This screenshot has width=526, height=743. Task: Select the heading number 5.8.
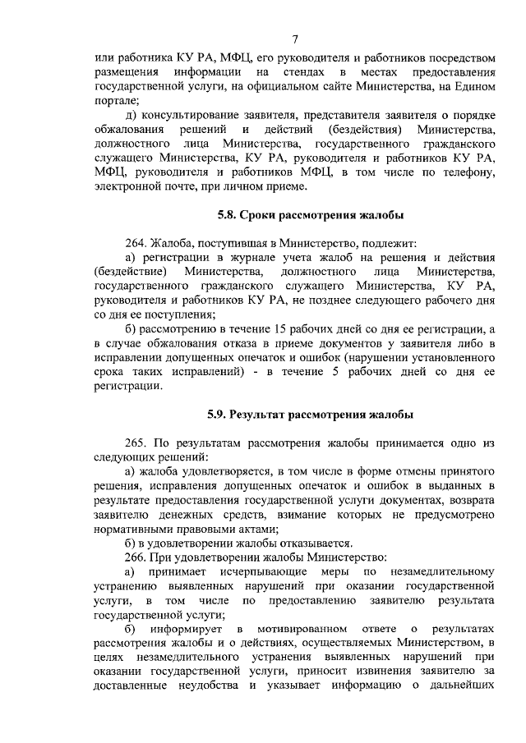click(x=227, y=215)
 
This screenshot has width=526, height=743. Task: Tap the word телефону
click(x=467, y=172)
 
